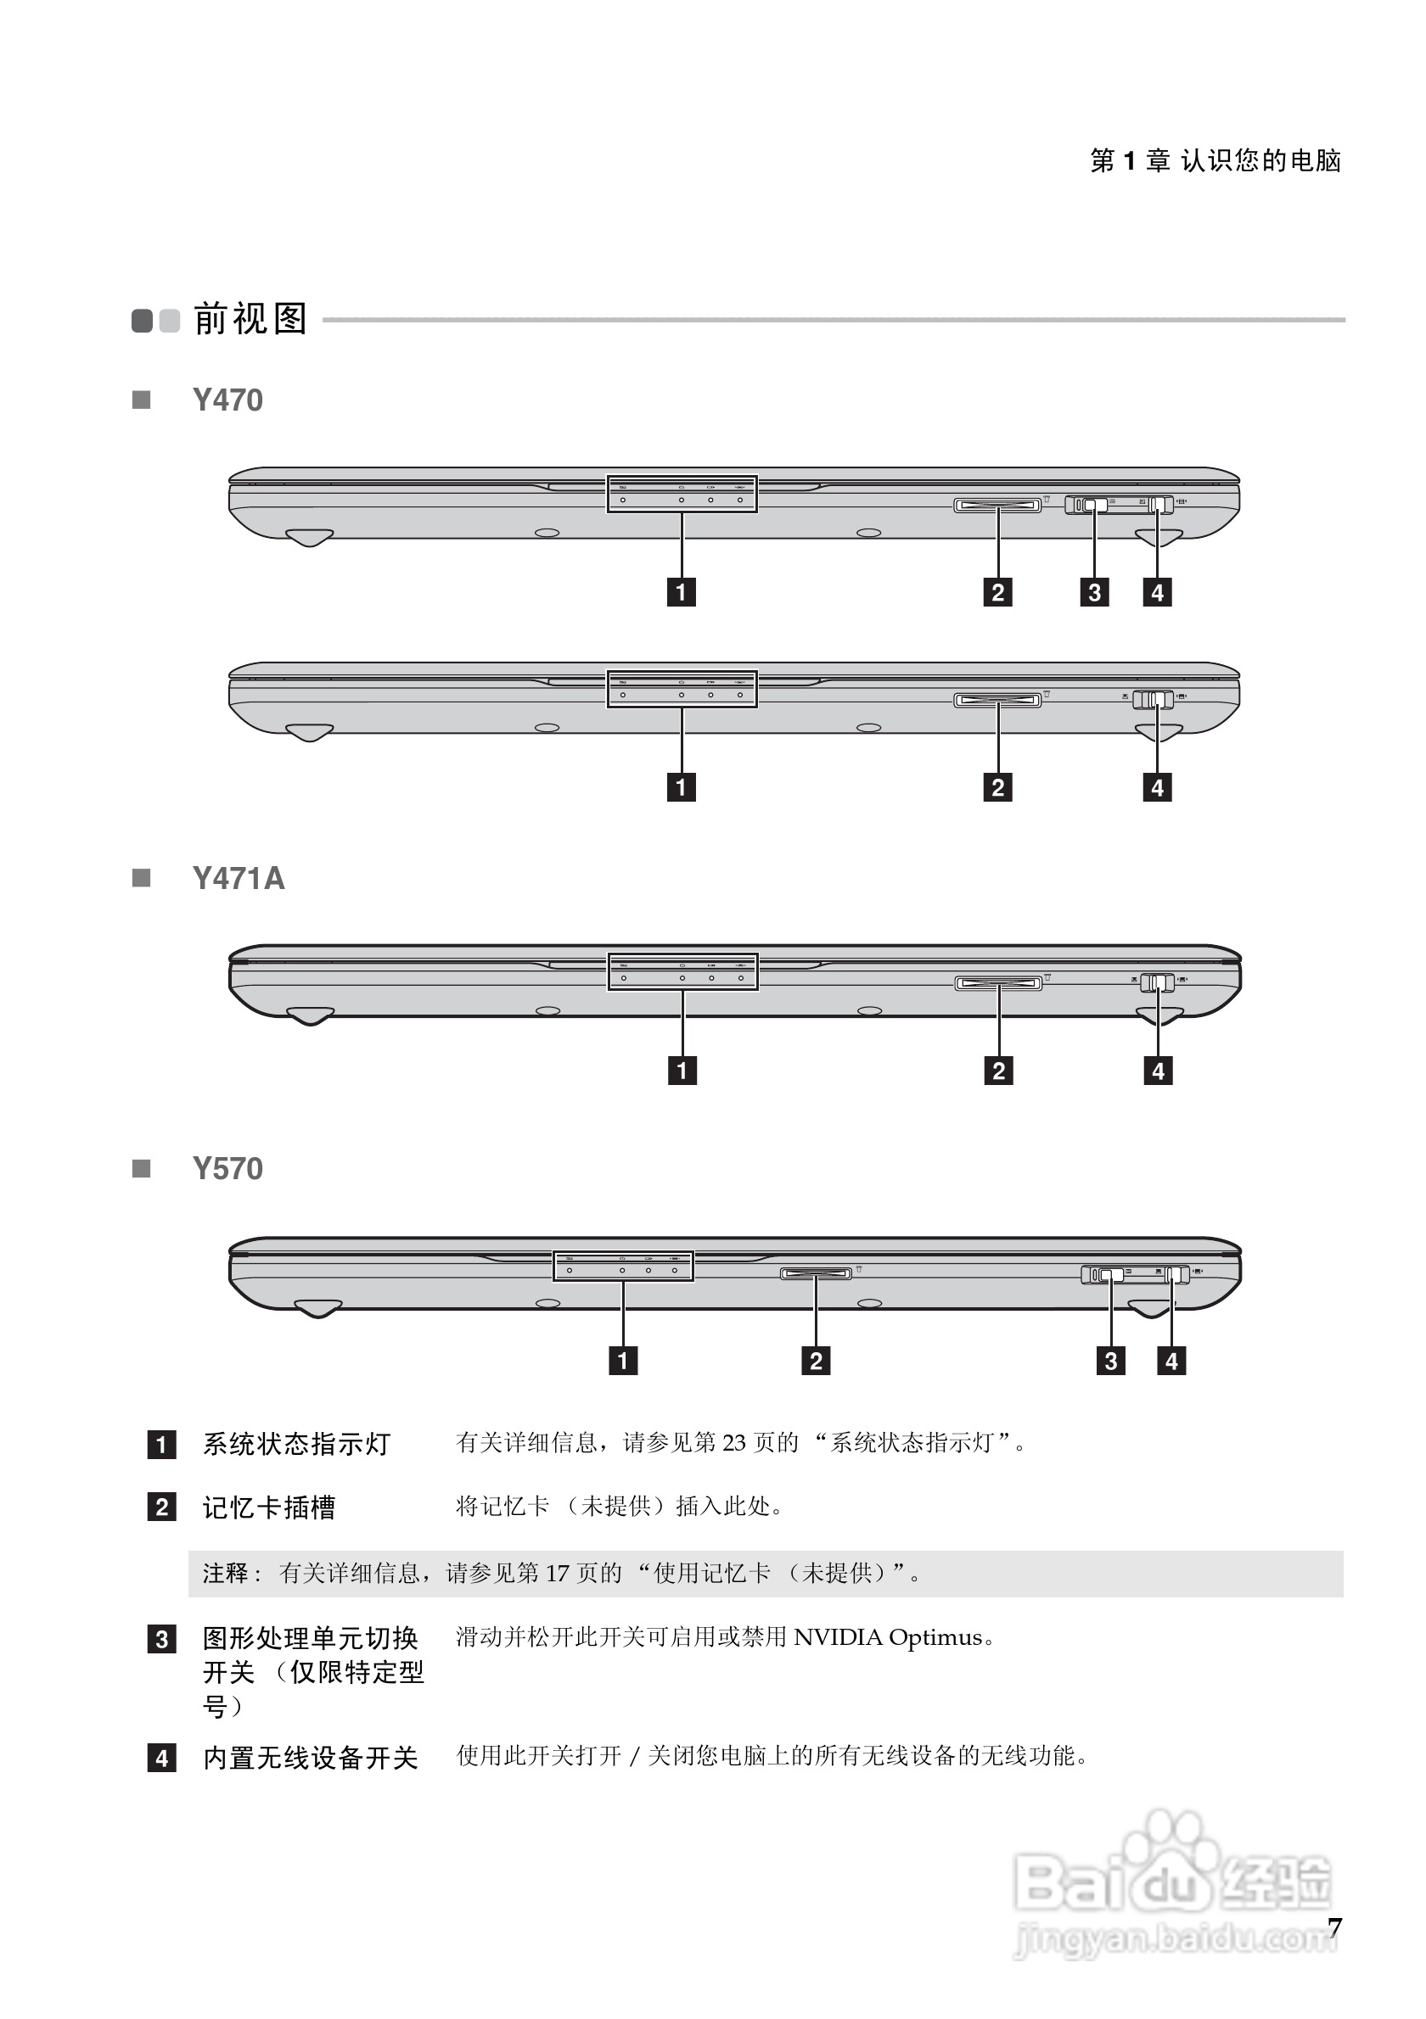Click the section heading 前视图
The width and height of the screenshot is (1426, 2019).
point(250,318)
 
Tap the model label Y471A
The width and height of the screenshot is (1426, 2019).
point(239,879)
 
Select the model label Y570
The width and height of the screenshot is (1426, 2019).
point(227,1169)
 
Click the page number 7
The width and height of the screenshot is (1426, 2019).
point(1334,1927)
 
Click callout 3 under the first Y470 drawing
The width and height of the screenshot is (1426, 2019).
point(1094,592)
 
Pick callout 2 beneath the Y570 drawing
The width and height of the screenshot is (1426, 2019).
point(816,1361)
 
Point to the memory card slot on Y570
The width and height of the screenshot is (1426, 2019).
point(816,1273)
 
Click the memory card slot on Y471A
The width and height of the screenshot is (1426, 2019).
point(998,982)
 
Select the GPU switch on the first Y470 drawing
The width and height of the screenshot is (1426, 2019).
point(1093,505)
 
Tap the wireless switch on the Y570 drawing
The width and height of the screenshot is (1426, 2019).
point(1175,1274)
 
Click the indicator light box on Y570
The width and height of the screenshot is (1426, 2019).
point(623,1267)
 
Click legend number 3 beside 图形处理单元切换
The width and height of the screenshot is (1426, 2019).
point(161,1639)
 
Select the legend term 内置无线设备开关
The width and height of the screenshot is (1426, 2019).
point(311,1758)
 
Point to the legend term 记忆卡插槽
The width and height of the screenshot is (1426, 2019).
point(269,1507)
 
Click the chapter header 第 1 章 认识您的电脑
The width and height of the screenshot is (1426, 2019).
point(1215,160)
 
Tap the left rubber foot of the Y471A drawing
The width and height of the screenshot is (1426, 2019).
point(310,1015)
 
